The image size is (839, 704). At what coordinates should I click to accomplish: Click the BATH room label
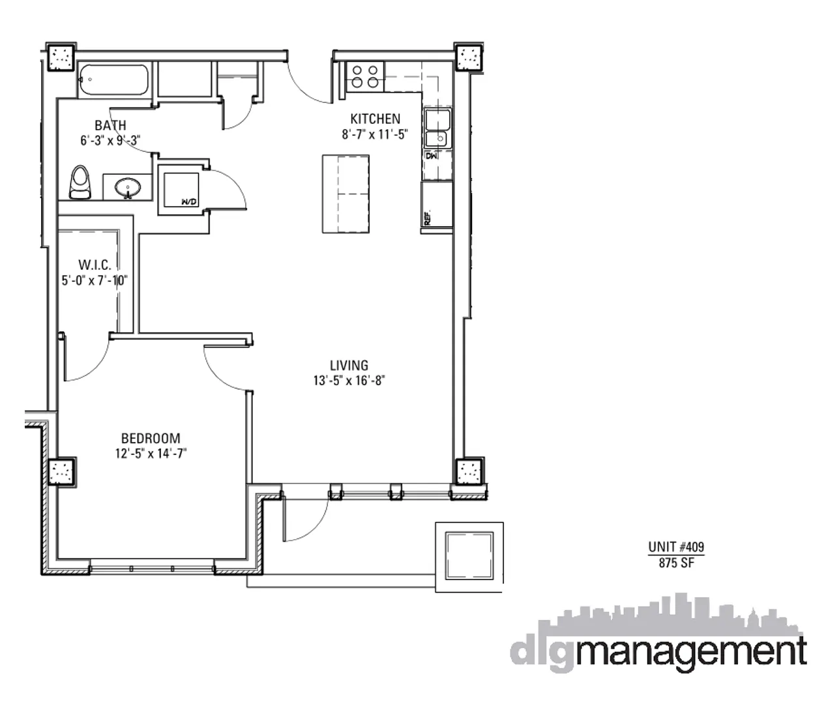point(110,125)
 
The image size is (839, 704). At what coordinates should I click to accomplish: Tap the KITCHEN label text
point(375,119)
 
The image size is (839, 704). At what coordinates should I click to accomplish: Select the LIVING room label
point(349,366)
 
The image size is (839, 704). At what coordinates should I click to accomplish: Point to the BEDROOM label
point(151,439)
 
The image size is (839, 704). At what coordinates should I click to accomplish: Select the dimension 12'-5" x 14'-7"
point(151,454)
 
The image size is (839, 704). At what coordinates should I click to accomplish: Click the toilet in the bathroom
point(80,182)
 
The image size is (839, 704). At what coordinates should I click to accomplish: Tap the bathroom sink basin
point(128,188)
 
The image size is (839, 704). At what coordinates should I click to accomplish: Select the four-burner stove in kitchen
point(364,76)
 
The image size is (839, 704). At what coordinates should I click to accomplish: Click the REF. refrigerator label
point(428,218)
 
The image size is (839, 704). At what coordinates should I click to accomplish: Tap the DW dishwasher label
point(431,156)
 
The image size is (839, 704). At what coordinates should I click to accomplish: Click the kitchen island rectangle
point(345,193)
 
